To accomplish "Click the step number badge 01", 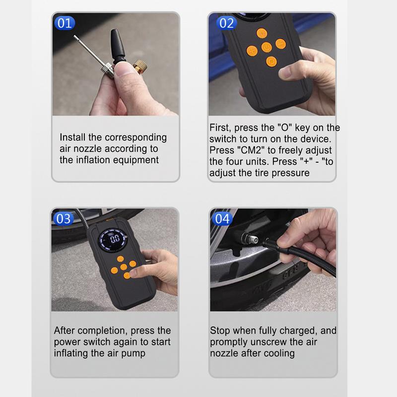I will tap(65, 23).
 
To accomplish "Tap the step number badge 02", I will tap(226, 23).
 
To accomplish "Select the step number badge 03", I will tap(64, 218).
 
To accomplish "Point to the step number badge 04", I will tap(223, 218).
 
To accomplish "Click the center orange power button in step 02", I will tap(266, 48).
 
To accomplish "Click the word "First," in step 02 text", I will tap(220, 128).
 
